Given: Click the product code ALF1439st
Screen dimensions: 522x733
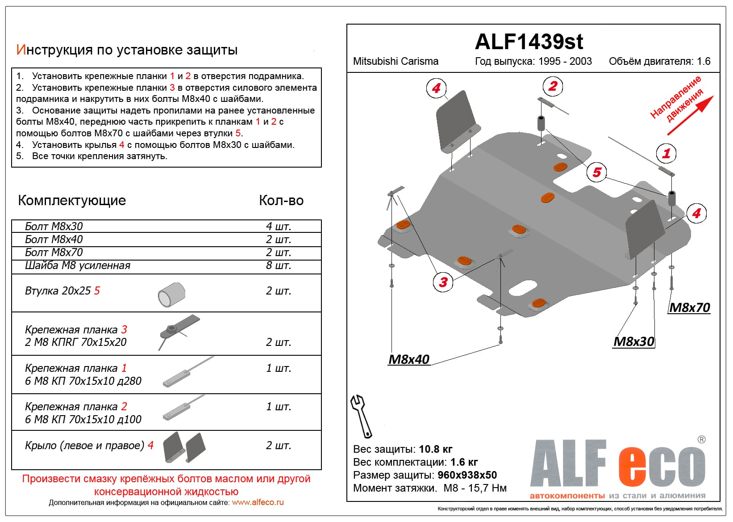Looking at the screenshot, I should pos(529,42).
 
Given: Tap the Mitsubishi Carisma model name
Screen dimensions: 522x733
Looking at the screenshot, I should pos(396,61).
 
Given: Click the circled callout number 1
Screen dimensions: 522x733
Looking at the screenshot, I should pos(666,154).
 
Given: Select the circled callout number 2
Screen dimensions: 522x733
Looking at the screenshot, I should pos(553,86).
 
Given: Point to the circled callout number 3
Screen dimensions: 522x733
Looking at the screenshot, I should pos(443,282).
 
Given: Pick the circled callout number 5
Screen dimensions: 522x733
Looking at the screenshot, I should pos(597,172).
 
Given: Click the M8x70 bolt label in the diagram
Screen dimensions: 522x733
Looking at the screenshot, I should pos(690,307).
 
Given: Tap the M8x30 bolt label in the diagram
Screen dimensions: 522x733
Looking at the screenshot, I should pos(634,341).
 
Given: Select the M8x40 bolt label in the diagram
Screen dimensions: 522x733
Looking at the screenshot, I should pos(409,359).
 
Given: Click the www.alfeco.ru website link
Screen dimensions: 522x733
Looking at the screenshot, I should pos(258,502).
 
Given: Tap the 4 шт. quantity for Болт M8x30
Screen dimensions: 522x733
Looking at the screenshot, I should pos(279,226).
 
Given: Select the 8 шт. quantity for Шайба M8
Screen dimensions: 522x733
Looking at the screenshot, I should pos(279,265).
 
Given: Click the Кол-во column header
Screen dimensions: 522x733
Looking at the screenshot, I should pos(281,200).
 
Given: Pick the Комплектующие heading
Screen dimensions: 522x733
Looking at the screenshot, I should pos(72,200).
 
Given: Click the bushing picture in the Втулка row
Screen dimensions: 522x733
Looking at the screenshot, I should pos(171,295).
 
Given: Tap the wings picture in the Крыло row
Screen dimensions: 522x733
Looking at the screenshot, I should pos(184,447).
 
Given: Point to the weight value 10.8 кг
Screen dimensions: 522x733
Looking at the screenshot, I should pos(435,449).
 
